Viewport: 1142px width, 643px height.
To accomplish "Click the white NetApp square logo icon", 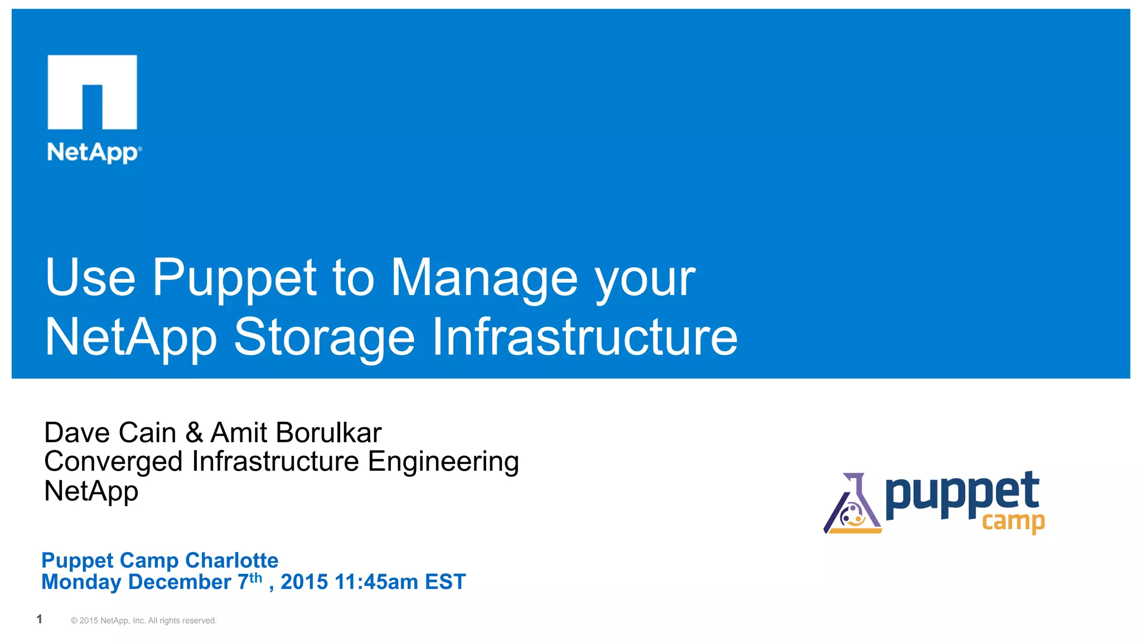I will tap(92, 91).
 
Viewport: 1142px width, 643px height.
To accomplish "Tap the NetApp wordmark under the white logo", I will tap(94, 152).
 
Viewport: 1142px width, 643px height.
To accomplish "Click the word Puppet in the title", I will tap(234, 278).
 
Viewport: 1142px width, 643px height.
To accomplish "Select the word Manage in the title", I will tap(483, 278).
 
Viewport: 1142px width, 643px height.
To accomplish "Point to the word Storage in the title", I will tap(324, 337).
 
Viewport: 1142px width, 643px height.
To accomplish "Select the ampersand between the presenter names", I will tap(194, 433).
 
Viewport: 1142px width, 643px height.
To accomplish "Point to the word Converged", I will tap(113, 462).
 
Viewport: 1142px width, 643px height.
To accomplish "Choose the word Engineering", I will tap(443, 462).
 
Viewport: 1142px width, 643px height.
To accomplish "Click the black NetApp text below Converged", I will tap(91, 491).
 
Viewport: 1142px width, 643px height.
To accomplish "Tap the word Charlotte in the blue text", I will tap(231, 560).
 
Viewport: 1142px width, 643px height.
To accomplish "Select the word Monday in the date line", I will tap(81, 582).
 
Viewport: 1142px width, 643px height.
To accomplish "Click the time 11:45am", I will tap(376, 582).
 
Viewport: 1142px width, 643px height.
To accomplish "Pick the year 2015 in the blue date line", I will tap(304, 582).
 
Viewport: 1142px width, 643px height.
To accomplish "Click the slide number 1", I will tap(39, 619).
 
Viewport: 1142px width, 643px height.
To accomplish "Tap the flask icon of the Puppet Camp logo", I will tap(852, 505).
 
